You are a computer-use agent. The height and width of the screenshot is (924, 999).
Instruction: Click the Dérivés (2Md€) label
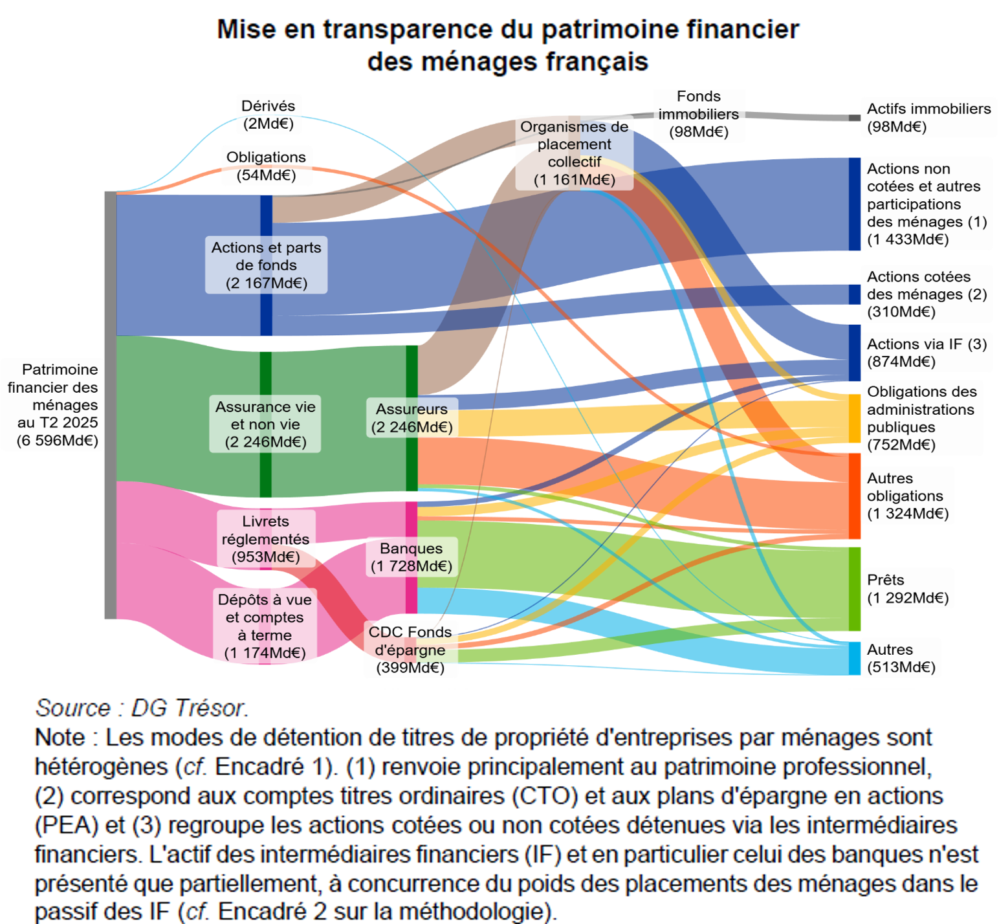click(x=268, y=115)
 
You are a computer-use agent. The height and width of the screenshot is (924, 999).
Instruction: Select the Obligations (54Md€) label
click(x=266, y=166)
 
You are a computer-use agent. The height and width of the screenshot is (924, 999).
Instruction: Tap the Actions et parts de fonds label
click(x=266, y=265)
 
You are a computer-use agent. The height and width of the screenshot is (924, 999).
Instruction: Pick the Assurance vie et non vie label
click(x=265, y=424)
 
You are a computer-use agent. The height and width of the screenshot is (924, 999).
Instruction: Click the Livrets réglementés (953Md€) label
click(x=266, y=539)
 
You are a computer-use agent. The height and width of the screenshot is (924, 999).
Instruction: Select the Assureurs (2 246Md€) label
click(x=412, y=418)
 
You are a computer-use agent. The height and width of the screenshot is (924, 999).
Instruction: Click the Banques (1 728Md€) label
click(x=411, y=557)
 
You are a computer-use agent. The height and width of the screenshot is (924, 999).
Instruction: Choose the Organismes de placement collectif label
click(x=574, y=153)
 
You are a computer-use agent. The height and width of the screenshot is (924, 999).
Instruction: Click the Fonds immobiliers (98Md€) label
click(x=699, y=115)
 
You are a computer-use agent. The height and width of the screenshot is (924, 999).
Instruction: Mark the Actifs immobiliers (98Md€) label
click(x=928, y=118)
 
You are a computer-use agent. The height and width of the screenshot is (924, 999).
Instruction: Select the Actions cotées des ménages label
click(x=927, y=294)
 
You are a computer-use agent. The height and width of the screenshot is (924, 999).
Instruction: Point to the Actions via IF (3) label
click(x=927, y=353)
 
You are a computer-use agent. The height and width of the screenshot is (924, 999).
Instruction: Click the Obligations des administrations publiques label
click(x=921, y=418)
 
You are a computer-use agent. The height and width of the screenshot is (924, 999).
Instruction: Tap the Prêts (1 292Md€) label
click(x=907, y=589)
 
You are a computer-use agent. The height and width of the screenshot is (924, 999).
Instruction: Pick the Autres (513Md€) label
click(x=901, y=658)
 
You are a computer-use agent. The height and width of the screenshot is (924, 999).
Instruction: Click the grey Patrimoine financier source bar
click(x=110, y=405)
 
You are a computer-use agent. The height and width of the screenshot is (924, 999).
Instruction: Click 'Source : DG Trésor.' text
click(x=142, y=708)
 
